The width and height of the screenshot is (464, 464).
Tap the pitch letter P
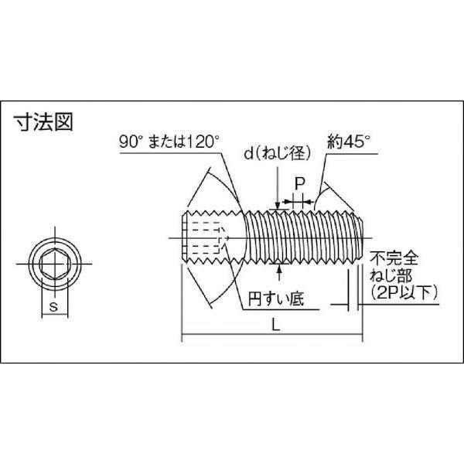[x=299, y=184]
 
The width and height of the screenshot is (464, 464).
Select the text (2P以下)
[x=394, y=292]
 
